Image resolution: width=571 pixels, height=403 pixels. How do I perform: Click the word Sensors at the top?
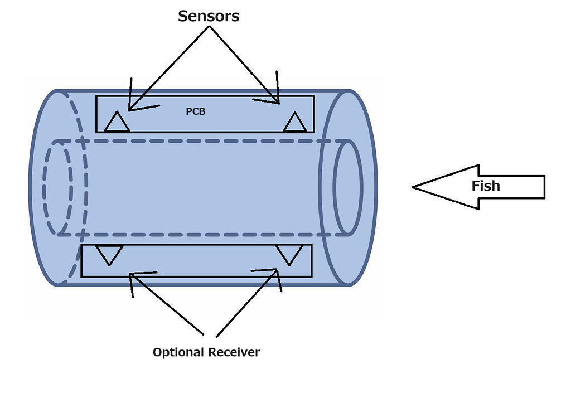209,16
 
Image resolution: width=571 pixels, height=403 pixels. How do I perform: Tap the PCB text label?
195,111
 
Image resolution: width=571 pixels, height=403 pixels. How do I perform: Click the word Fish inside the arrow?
486,186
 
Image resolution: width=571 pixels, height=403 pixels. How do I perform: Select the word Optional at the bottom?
178,352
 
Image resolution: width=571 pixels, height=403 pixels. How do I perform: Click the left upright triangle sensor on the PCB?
117,123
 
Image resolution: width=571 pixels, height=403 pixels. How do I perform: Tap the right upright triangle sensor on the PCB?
294,123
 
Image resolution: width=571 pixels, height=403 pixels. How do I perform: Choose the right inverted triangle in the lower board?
289,254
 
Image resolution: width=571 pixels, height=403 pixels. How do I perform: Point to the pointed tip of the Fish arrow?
414,187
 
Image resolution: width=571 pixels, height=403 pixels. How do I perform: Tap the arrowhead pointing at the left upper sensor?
130,108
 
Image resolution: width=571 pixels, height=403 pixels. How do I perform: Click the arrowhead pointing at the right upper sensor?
277,101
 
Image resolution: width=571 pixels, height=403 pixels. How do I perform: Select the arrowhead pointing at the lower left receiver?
132,275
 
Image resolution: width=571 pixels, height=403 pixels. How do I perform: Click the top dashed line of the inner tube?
201,140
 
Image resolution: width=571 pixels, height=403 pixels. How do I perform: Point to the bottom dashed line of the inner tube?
201,235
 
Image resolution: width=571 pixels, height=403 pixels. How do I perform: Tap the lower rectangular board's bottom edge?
195,276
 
